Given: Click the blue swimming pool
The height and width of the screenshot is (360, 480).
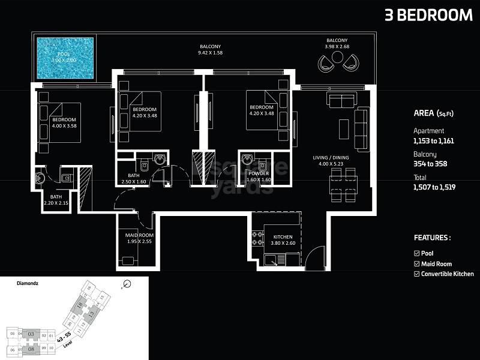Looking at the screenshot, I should tap(65, 59).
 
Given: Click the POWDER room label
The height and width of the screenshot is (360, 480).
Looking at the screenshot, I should tap(259, 173).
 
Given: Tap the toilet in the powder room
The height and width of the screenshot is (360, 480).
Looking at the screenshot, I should tap(247, 160).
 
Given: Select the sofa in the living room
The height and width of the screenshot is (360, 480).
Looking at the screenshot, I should tap(361, 128).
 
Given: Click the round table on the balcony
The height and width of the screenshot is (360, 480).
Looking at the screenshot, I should tap(337, 57).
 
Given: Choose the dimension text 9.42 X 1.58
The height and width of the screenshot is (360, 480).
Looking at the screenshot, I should tap(211, 53).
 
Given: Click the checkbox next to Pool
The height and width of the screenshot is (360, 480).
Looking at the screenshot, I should tap(417, 254).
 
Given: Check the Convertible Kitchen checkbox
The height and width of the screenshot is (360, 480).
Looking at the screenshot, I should tap(417, 274).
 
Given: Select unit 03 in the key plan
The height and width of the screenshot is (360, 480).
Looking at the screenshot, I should tap(34, 334).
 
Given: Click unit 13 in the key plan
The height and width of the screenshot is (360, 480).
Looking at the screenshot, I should tap(92, 314).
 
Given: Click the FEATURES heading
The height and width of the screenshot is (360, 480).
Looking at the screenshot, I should tap(432, 238).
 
